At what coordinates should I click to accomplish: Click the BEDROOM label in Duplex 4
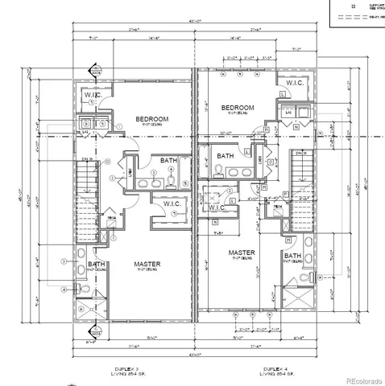(x=238, y=108)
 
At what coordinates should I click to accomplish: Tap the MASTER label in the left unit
(x=147, y=264)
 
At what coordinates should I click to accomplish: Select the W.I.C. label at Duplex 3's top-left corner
(x=92, y=96)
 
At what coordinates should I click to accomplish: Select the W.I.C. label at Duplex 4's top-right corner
(x=291, y=83)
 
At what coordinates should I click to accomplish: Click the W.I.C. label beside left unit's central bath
(x=170, y=203)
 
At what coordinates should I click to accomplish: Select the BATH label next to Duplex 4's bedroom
(x=225, y=156)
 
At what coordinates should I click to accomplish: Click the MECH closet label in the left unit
(x=110, y=217)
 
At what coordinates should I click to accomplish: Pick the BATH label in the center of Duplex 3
(x=168, y=161)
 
